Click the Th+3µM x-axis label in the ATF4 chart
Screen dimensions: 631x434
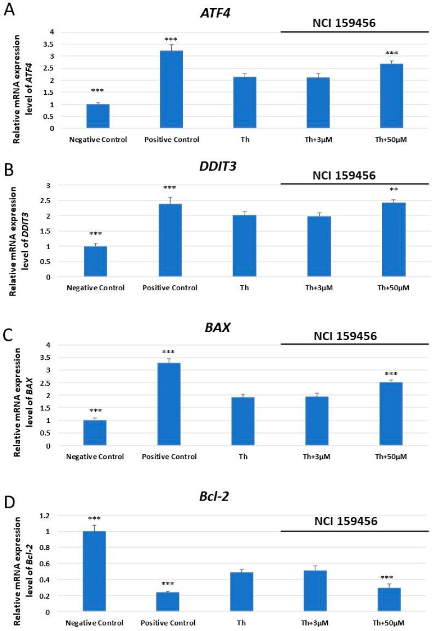(x=318, y=139)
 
